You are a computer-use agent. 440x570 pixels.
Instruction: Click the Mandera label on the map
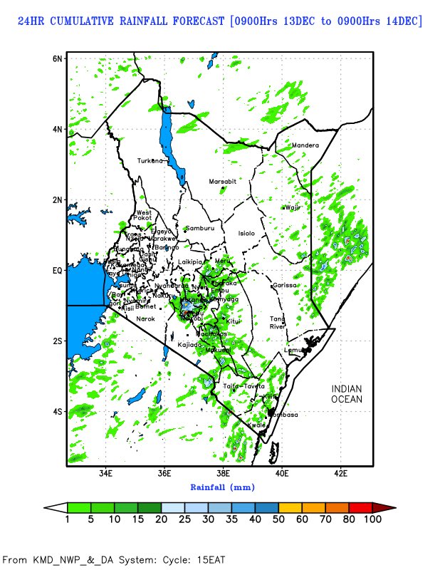(x=305, y=146)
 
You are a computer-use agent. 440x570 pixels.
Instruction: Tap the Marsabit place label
(x=222, y=182)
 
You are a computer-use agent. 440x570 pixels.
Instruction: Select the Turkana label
(x=151, y=160)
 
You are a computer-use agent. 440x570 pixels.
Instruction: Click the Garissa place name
(x=284, y=285)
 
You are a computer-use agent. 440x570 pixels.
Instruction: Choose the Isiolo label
(x=246, y=233)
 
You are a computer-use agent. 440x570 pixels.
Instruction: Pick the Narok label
(x=145, y=318)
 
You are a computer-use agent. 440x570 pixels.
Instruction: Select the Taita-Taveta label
(x=244, y=386)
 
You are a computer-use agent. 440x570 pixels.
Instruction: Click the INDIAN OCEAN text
(x=347, y=394)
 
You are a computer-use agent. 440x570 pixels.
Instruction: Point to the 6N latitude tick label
(x=57, y=58)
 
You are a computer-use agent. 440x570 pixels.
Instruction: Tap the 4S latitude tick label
(x=57, y=412)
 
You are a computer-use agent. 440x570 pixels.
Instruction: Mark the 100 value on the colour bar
(x=373, y=519)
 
